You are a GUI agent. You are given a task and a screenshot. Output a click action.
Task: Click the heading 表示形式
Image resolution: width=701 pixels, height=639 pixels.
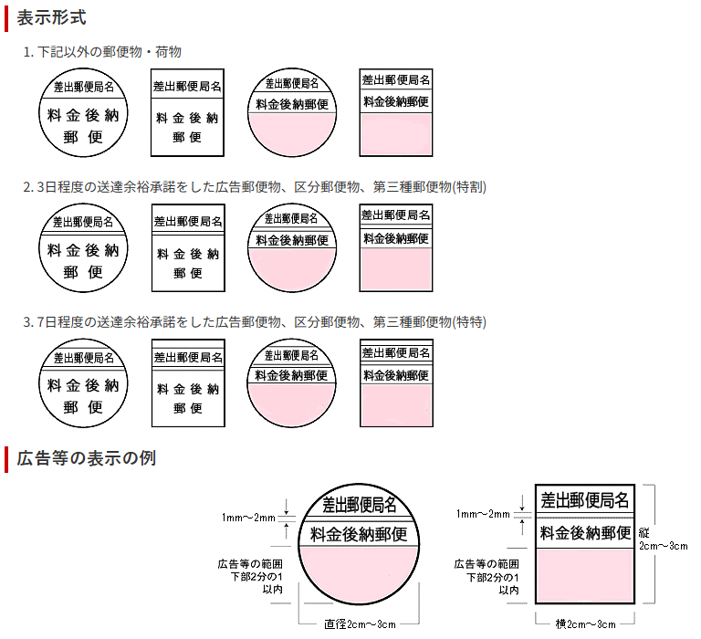(52, 16)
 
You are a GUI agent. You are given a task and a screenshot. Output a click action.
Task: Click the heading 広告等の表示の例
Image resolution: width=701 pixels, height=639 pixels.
(87, 457)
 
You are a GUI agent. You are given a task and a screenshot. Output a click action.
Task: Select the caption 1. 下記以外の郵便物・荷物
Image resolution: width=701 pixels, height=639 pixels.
(109, 52)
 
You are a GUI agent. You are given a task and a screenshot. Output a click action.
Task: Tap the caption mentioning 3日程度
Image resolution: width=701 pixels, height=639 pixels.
(255, 187)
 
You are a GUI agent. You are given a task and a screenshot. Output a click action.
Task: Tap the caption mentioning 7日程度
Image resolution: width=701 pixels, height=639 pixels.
(255, 321)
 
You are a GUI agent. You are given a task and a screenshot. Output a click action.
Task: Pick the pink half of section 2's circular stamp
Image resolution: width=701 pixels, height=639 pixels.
(290, 268)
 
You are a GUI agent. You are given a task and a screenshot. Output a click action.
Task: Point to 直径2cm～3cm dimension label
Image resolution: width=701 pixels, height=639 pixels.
(360, 624)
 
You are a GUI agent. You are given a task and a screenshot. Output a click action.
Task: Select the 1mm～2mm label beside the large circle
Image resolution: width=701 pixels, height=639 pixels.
(249, 519)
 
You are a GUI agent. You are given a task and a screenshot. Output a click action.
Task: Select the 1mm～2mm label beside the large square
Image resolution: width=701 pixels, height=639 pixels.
(483, 514)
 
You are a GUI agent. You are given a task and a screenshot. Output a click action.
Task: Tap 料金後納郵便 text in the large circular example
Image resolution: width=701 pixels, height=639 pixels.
(359, 534)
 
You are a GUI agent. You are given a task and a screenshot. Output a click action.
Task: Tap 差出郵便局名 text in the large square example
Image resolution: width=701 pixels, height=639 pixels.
(585, 500)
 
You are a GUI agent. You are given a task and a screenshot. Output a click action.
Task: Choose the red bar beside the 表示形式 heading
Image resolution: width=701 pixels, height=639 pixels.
(7, 16)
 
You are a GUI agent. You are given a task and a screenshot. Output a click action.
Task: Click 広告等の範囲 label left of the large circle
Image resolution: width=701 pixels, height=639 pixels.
(249, 564)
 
